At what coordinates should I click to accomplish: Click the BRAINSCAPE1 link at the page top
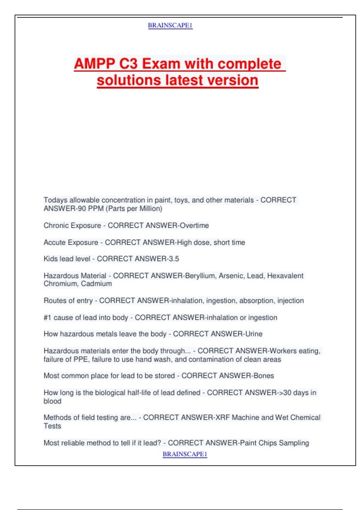pos(170,25)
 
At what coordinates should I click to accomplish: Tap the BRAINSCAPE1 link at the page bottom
pos(185,454)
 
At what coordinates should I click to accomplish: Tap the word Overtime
pos(194,226)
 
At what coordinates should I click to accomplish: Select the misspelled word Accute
pos(54,242)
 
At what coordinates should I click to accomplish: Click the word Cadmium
pos(96,284)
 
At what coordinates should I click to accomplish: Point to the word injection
pos(290,301)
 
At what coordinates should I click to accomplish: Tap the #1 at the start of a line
pos(47,317)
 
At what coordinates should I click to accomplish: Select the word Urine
pos(254,334)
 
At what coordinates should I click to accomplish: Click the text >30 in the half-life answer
pos(285,393)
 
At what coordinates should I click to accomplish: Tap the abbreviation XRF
pos(223,418)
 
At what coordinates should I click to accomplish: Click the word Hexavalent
pos(285,276)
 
